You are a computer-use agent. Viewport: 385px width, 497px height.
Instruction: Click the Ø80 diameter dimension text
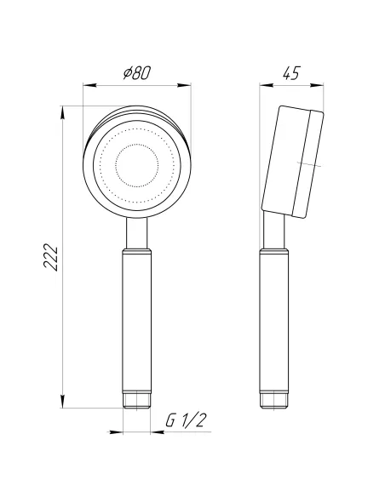point(136,74)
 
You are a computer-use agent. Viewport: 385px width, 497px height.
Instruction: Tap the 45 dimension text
point(292,74)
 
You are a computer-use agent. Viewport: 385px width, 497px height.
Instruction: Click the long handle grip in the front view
point(136,323)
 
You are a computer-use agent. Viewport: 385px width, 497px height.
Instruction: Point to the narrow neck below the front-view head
point(136,231)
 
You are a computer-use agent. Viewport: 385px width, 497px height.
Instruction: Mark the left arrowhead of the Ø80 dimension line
point(85,85)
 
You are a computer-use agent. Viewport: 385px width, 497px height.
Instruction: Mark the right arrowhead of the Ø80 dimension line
point(187,85)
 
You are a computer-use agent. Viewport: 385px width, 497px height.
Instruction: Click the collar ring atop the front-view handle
point(136,253)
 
